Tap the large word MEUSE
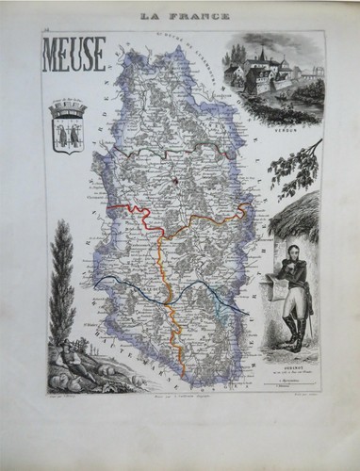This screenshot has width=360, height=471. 72,57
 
